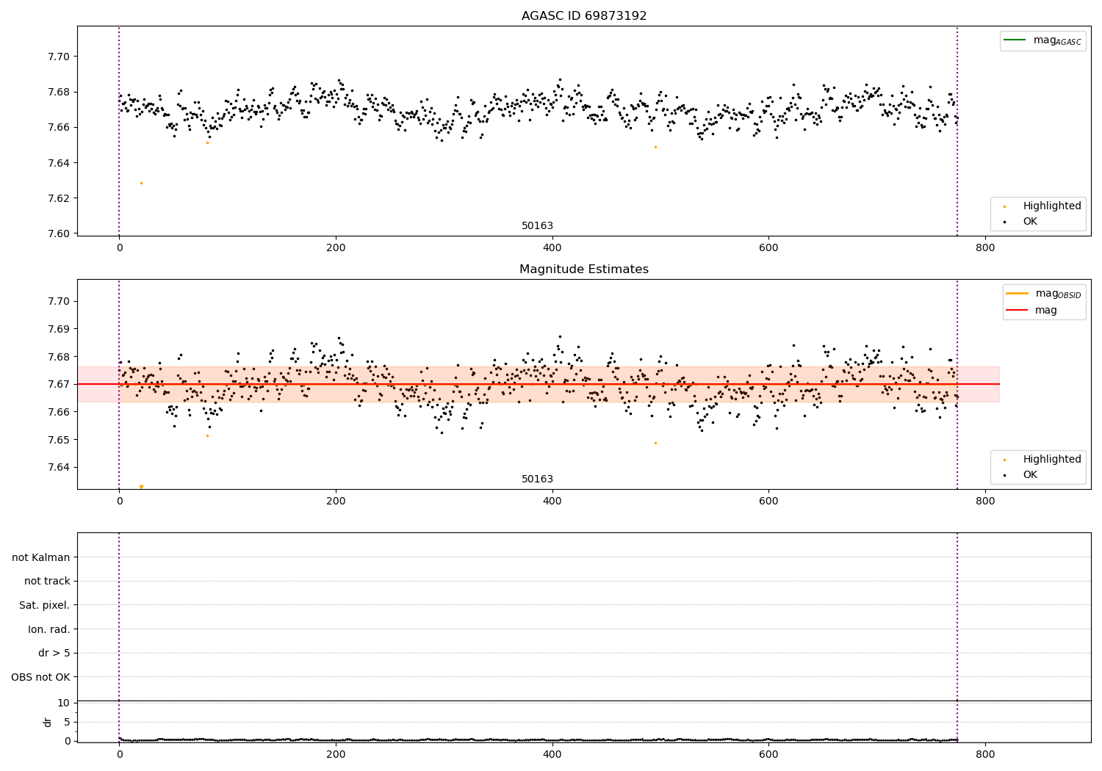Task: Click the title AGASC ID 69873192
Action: tap(584, 16)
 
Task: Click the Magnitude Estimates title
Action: tap(584, 269)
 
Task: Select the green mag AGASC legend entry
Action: tap(1042, 40)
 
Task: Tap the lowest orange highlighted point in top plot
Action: tap(141, 183)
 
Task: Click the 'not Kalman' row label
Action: tap(41, 557)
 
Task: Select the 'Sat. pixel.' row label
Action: tap(44, 605)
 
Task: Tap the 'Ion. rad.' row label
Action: tap(48, 629)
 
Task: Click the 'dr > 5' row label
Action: tap(54, 653)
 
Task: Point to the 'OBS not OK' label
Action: tap(40, 677)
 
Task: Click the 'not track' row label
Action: tap(47, 581)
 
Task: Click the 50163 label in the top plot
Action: tap(537, 226)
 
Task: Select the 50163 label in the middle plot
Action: tap(537, 479)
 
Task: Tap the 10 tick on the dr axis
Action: tap(63, 703)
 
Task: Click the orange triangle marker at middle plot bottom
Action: tap(141, 487)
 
